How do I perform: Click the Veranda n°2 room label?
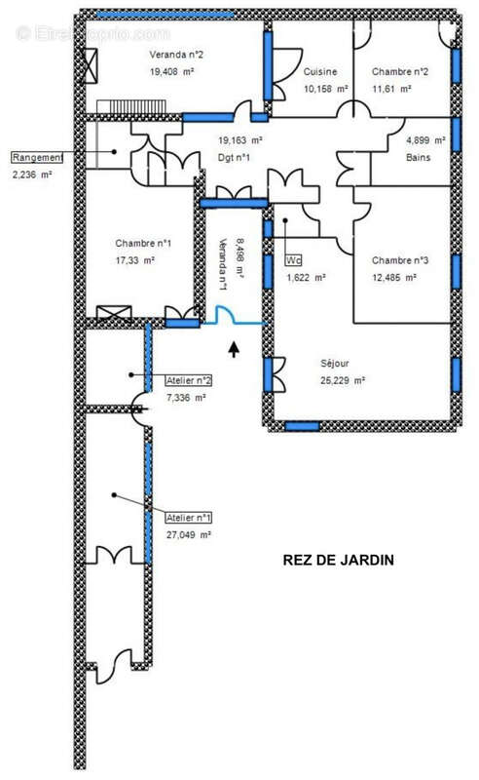coord(176,55)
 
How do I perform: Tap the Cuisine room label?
coord(320,71)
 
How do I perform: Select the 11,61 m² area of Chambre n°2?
coord(391,89)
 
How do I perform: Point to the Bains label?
coord(418,157)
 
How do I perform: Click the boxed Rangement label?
coord(38,157)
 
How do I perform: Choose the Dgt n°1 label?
coord(234,158)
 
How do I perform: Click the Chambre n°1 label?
coord(143,243)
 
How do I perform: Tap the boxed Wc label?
coord(293,260)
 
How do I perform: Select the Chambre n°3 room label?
coord(400,260)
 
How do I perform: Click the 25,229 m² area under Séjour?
coord(343,380)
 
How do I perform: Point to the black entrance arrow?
coord(234,349)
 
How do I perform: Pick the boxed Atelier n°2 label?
coord(188,380)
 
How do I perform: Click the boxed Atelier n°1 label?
coord(188,518)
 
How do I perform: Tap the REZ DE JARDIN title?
coord(339,560)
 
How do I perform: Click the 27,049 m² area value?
coord(188,535)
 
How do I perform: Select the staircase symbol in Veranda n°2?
coord(131,106)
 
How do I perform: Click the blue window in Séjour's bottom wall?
coord(302,426)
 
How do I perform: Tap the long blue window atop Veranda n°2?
coord(165,15)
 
